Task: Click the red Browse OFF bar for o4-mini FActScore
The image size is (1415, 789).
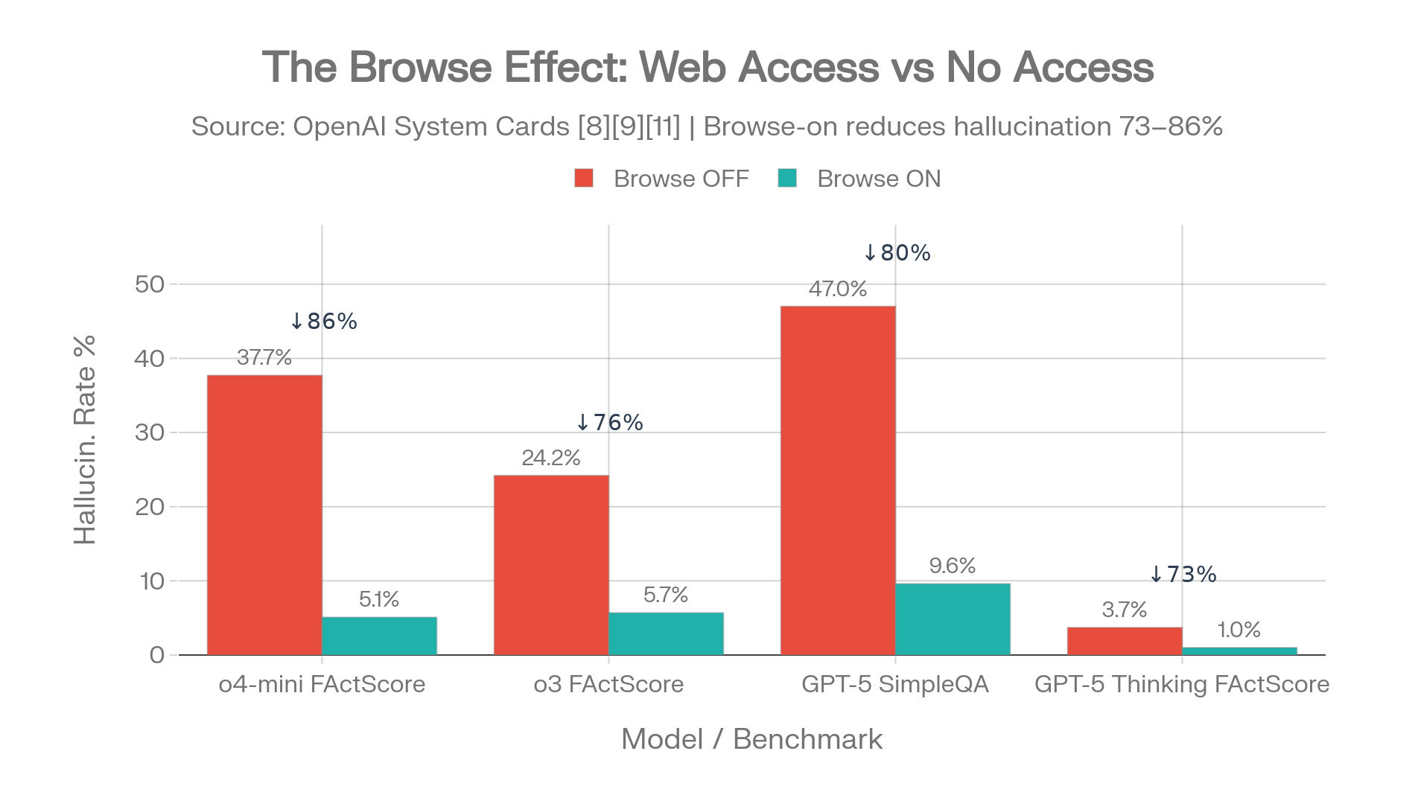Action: (264, 514)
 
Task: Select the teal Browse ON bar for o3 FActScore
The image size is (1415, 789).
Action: (666, 633)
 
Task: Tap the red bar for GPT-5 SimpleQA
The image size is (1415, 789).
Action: (838, 480)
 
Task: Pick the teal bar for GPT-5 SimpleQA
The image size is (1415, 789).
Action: (953, 619)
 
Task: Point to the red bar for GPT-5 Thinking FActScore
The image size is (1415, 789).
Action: (1124, 641)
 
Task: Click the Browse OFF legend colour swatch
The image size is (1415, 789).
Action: (584, 179)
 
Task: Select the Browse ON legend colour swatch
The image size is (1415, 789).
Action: (787, 179)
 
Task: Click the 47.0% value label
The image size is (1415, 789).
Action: (838, 289)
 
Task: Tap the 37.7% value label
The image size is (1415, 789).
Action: (264, 357)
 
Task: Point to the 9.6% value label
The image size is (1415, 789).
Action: (953, 566)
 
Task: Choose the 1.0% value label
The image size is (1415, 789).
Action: (1238, 630)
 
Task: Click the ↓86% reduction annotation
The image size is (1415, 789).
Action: (323, 321)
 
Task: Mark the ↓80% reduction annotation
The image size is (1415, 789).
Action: (897, 253)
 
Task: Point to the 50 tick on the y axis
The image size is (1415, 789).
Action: (150, 284)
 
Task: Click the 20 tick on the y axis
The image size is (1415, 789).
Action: (150, 506)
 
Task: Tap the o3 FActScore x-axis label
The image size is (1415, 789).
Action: (608, 684)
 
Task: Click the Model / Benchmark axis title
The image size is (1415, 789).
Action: (751, 738)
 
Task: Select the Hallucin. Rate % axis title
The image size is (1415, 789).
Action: (85, 439)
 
